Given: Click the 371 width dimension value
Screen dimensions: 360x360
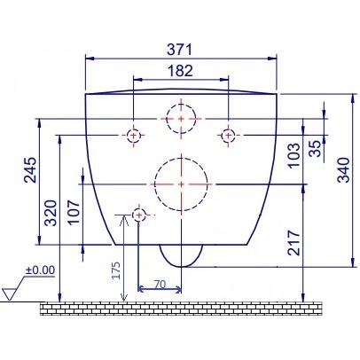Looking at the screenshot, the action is pos(179,50).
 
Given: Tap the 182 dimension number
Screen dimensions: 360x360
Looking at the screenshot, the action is pos(180,71).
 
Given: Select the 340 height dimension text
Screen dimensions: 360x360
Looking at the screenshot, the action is pos(344,170).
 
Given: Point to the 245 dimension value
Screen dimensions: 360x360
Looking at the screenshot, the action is pos(30,170).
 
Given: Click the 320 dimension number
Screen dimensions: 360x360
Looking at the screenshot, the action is pos(51,213).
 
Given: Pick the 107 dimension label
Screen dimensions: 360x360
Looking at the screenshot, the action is pos(74,213).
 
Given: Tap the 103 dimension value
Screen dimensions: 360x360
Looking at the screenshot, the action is pos(293,155).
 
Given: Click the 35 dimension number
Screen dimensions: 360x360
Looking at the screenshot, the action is pos(315,149).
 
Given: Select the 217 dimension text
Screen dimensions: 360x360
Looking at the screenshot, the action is pos(293,243).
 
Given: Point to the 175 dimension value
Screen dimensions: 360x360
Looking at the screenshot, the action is pos(116,270).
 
